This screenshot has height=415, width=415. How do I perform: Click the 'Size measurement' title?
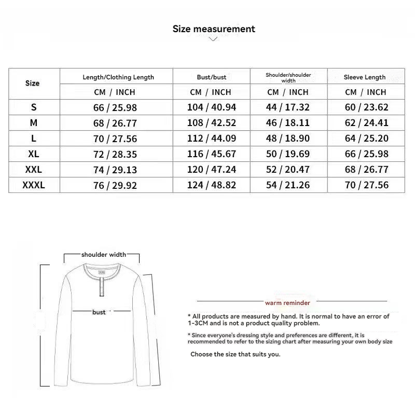point(214,29)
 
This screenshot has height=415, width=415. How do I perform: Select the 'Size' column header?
point(32,83)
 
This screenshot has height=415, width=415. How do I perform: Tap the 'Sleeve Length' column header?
point(365,77)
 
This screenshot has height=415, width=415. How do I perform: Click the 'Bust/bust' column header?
point(212,77)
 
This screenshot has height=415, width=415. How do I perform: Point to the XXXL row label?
point(34,185)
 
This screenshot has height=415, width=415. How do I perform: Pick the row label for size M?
point(34,123)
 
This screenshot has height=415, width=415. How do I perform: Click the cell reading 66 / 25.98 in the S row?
point(116,107)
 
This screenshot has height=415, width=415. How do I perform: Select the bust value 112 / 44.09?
point(211,139)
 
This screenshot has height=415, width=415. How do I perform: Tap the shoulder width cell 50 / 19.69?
point(288,154)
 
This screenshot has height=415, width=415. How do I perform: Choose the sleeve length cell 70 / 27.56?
point(366,185)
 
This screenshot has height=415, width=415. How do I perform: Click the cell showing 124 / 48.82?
point(211,185)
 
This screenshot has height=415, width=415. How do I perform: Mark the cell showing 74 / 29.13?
point(116,170)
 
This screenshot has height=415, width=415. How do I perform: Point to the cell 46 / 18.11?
point(288,123)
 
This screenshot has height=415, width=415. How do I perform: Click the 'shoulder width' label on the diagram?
point(103,255)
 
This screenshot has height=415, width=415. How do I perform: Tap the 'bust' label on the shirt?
point(99,312)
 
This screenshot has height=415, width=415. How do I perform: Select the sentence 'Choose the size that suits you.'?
point(235,354)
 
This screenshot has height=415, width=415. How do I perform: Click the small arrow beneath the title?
point(213,39)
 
